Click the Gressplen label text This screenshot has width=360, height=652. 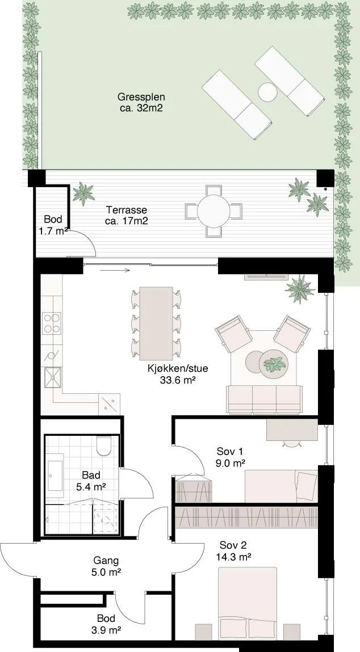(x=141, y=98)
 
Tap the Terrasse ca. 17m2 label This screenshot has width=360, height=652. (x=126, y=215)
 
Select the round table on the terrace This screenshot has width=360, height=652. (x=214, y=211)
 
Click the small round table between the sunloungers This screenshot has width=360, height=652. (x=267, y=92)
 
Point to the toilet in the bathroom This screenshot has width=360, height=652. (x=103, y=445)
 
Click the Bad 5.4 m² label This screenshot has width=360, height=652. (x=91, y=480)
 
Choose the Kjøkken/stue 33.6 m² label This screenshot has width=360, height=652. (x=178, y=373)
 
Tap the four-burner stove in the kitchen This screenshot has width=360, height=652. (x=52, y=323)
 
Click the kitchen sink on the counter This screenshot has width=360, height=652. (x=53, y=378)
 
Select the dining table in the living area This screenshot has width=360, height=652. (x=156, y=323)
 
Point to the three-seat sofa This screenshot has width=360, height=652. (x=264, y=400)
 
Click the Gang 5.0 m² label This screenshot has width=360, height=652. (x=107, y=566)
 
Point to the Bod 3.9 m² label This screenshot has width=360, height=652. (x=106, y=624)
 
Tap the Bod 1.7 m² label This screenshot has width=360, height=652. (x=54, y=225)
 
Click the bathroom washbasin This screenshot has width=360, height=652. (x=54, y=476)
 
